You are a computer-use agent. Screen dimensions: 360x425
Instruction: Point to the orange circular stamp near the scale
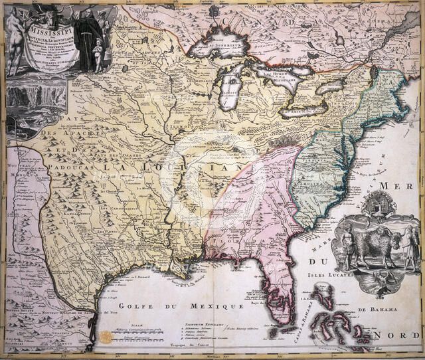(106, 337)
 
